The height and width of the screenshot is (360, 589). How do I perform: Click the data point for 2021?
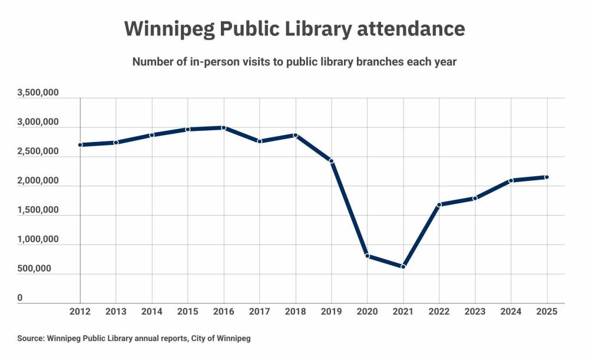point(403,267)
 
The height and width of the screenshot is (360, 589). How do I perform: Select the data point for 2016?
point(224,128)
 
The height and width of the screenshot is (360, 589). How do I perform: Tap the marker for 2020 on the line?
point(368,256)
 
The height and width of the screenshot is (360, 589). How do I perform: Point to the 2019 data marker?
point(332,161)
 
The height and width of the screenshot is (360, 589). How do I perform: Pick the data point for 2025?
point(547,177)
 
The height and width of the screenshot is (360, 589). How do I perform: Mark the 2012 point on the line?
point(80,144)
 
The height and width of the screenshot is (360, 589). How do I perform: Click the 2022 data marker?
point(439,204)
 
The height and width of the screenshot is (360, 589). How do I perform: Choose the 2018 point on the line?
point(296,136)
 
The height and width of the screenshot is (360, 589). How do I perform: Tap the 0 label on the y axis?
point(20,298)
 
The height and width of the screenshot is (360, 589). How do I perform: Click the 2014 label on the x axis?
point(152,311)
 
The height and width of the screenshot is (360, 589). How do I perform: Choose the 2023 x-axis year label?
point(475,311)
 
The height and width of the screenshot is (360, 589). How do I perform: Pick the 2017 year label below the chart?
point(260,311)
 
